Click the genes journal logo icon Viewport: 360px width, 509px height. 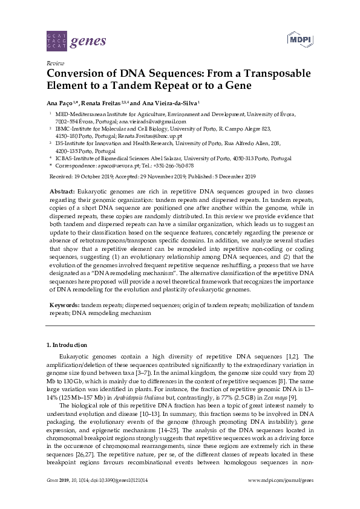pos(56,41)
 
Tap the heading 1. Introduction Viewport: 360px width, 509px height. pos(68,345)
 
